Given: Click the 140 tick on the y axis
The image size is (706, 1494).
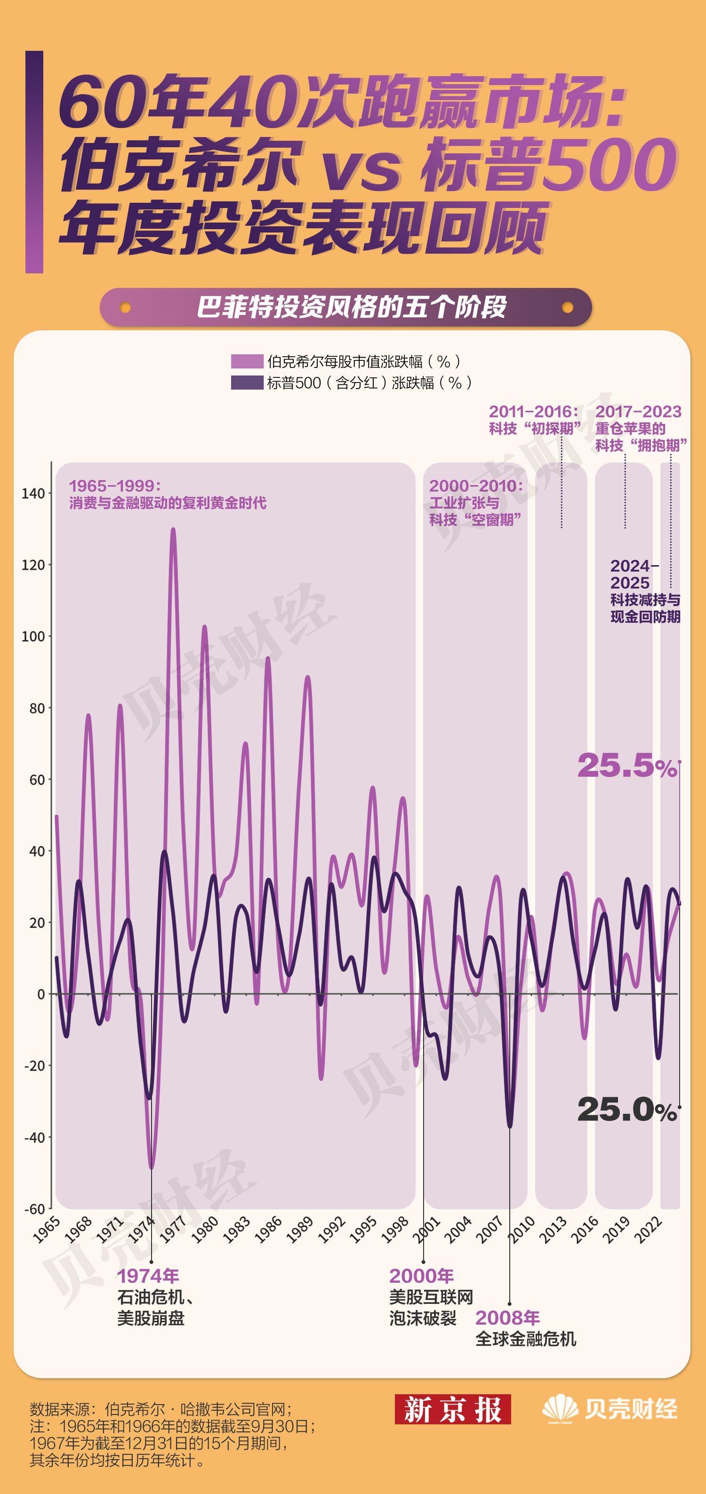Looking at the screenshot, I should [33, 494].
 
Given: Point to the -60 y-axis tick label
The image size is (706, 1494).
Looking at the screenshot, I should [34, 1209].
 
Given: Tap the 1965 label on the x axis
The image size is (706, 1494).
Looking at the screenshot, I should [47, 1230].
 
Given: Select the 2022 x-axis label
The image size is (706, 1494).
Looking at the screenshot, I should [648, 1230].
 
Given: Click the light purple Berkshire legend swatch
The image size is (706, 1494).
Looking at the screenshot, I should [247, 362].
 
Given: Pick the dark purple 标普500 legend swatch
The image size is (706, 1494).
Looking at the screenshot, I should [247, 383].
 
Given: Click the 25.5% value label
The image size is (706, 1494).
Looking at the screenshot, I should [626, 766].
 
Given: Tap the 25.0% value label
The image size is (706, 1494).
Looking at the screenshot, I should [626, 1110].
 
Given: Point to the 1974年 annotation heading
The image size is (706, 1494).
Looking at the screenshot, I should [148, 1276].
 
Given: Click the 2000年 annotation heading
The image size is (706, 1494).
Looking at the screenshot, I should [421, 1276].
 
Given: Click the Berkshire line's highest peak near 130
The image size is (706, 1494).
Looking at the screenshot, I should [173, 529].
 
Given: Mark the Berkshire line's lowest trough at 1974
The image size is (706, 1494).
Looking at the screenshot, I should [152, 1166].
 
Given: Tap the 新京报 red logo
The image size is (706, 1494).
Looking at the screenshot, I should [452, 1409].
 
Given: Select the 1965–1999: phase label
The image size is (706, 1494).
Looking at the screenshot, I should [115, 486].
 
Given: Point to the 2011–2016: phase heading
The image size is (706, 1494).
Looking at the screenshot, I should [533, 412].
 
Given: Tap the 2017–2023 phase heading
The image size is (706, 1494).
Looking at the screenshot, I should [638, 412].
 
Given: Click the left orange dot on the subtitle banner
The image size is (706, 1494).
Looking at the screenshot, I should [125, 307].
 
